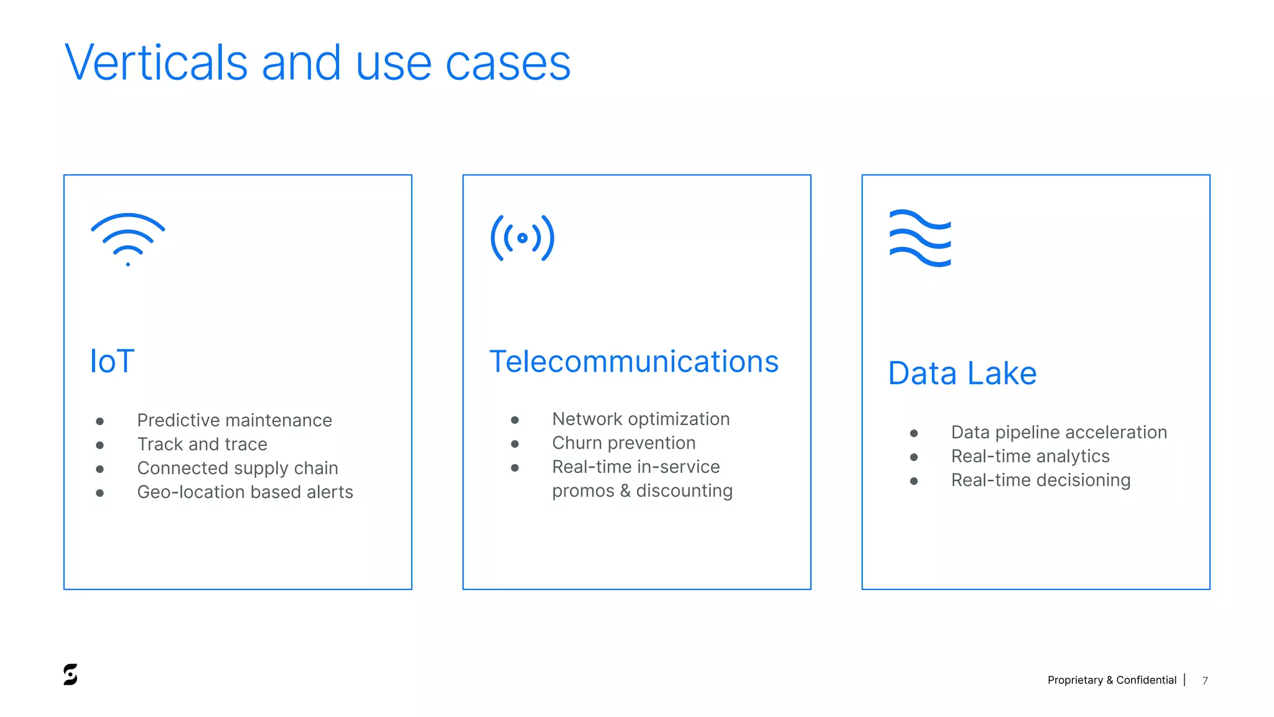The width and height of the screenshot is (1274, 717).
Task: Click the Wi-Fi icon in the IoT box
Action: tap(128, 239)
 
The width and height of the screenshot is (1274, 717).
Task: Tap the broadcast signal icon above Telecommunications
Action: tap(522, 238)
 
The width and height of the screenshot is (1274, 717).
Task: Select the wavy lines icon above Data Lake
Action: tap(920, 238)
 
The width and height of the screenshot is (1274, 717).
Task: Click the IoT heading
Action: tap(112, 362)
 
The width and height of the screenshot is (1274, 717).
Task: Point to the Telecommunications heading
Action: tap(633, 362)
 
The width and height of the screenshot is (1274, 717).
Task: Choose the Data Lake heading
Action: tap(962, 373)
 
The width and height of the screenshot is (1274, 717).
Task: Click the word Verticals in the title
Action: tap(156, 63)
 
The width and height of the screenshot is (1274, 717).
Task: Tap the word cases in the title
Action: tap(508, 63)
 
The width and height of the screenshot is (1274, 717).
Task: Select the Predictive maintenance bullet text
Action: tap(234, 420)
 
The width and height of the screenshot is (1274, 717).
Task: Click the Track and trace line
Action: tap(202, 444)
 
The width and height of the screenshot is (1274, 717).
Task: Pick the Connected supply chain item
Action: tap(237, 468)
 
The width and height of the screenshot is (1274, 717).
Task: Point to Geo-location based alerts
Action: tap(244, 492)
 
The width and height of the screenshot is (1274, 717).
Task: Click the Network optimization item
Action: tap(640, 419)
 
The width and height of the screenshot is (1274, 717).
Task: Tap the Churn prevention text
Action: tap(623, 443)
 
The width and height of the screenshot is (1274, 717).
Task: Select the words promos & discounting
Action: tap(641, 491)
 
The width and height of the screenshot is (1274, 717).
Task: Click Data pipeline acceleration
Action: tap(1058, 432)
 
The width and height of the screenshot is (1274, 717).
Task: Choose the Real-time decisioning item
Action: tap(1040, 480)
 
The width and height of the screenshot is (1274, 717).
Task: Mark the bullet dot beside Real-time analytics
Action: tap(913, 457)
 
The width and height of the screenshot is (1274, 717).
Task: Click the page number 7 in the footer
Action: tap(1205, 680)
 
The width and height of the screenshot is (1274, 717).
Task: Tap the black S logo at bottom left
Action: tap(70, 675)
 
